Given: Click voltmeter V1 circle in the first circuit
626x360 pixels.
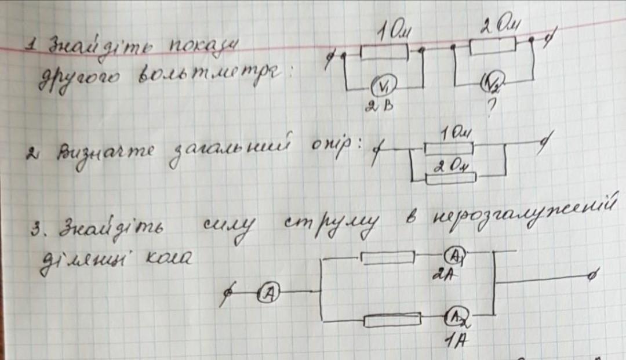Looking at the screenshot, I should (x=382, y=87).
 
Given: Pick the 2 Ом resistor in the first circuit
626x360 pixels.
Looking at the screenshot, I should (x=492, y=46).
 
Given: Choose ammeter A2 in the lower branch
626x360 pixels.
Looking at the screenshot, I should (x=456, y=315).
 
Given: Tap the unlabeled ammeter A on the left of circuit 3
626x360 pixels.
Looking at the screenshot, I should (x=268, y=294).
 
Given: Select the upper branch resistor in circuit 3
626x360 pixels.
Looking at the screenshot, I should (x=387, y=257).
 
